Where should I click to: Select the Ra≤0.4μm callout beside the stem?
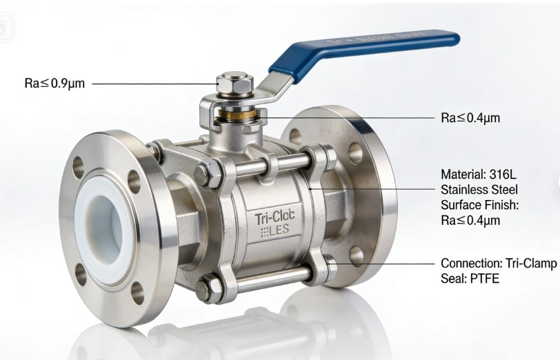tap(470, 118)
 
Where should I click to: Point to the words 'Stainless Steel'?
tap(479, 189)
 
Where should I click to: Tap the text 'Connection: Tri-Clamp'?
tap(498, 264)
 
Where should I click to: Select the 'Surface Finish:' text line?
tap(479, 205)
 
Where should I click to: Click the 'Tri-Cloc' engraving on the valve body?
tap(274, 219)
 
